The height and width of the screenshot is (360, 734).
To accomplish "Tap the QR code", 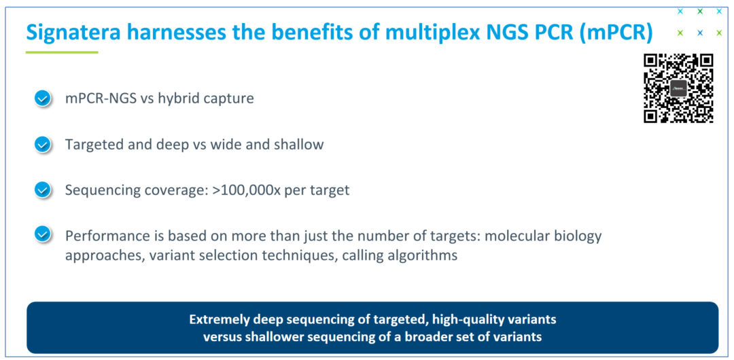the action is point(678,88).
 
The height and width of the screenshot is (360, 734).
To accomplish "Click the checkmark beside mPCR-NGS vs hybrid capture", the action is point(43,98).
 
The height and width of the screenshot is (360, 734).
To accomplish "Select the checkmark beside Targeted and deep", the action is point(43,145).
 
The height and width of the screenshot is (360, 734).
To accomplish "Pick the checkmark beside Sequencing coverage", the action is point(43,190).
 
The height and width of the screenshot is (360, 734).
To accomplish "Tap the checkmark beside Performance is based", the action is point(43,234).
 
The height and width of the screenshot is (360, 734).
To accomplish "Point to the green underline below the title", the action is point(62,52).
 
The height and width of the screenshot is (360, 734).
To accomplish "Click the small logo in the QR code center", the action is point(678,88).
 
